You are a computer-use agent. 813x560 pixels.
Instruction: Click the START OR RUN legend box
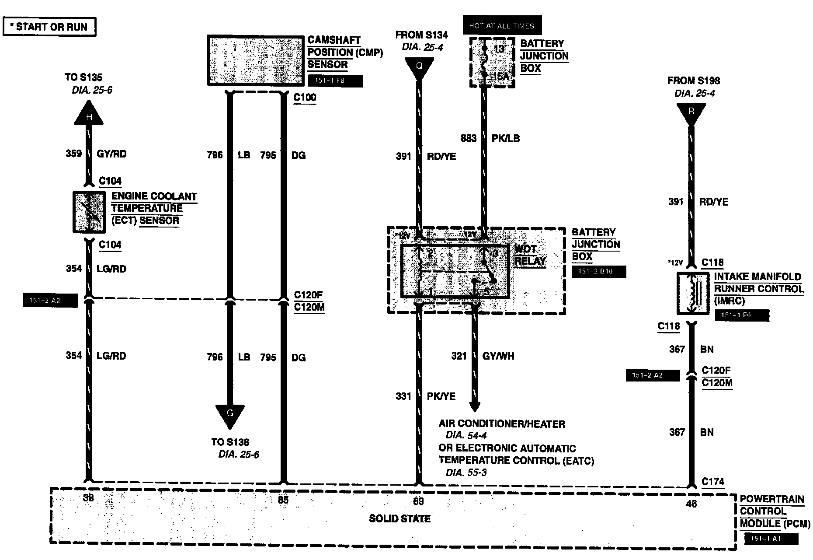click(49, 27)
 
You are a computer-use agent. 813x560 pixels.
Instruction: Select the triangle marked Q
click(419, 67)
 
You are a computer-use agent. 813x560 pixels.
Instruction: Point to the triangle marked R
click(691, 112)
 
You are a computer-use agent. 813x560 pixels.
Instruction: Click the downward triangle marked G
click(230, 415)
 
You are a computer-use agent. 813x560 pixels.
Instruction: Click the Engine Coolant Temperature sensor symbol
click(89, 212)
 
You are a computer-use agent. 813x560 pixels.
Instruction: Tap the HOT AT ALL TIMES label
click(502, 26)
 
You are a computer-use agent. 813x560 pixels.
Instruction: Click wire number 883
click(469, 138)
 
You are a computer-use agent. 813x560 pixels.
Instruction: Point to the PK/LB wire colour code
click(506, 138)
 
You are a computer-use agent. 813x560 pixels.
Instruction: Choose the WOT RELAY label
click(529, 255)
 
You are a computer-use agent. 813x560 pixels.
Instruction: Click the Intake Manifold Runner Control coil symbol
click(693, 293)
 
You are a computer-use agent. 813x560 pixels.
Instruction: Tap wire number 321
click(459, 356)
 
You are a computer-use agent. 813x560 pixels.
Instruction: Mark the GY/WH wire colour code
click(498, 356)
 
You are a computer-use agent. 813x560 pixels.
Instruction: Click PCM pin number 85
click(283, 499)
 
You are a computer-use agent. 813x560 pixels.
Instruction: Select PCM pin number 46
click(691, 504)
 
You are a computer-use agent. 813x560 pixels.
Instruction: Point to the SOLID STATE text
click(400, 519)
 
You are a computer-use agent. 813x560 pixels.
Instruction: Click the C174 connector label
click(713, 482)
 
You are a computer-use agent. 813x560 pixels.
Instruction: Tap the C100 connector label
click(305, 97)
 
